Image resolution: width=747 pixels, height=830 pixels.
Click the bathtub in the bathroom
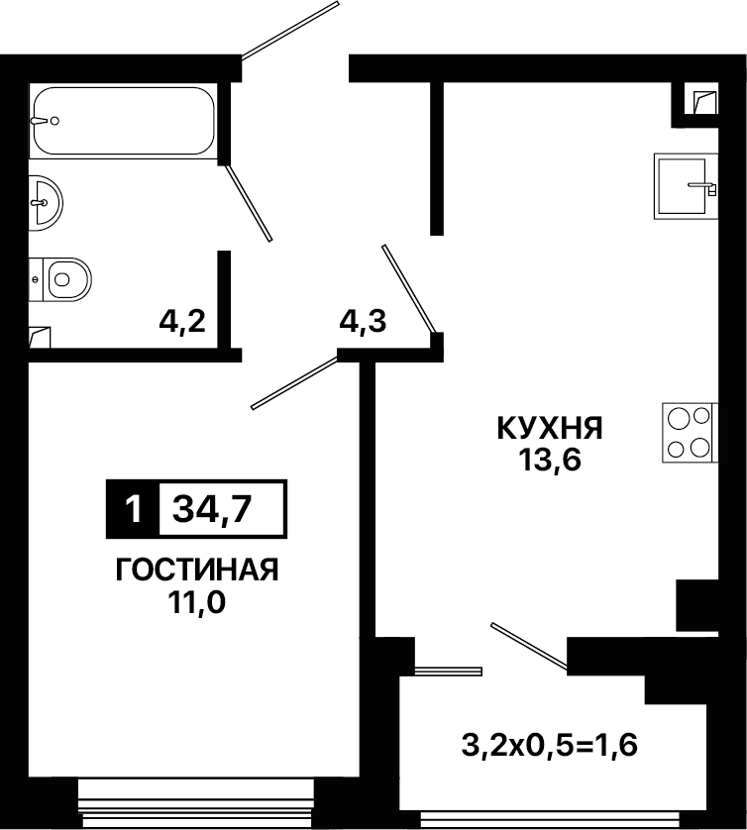(124, 121)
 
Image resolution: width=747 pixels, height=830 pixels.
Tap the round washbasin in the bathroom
(46, 203)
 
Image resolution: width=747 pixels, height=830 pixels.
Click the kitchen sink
(687, 186)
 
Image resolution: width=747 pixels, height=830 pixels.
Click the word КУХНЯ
(550, 428)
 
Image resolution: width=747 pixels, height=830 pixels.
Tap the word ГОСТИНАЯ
(197, 570)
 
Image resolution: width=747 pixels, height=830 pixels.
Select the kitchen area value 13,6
(550, 460)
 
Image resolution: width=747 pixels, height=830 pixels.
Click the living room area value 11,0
(197, 602)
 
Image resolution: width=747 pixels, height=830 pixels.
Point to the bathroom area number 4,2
(182, 321)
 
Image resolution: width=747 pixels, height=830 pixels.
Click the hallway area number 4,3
(364, 321)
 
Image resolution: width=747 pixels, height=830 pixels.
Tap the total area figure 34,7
(212, 509)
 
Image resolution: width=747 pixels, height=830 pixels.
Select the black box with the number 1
(134, 509)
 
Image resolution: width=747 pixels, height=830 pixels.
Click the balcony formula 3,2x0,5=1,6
(550, 746)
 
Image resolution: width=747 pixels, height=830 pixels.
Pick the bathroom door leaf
(249, 202)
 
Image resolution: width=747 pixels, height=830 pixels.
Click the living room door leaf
(294, 382)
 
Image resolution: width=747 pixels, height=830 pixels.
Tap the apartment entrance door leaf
(290, 29)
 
